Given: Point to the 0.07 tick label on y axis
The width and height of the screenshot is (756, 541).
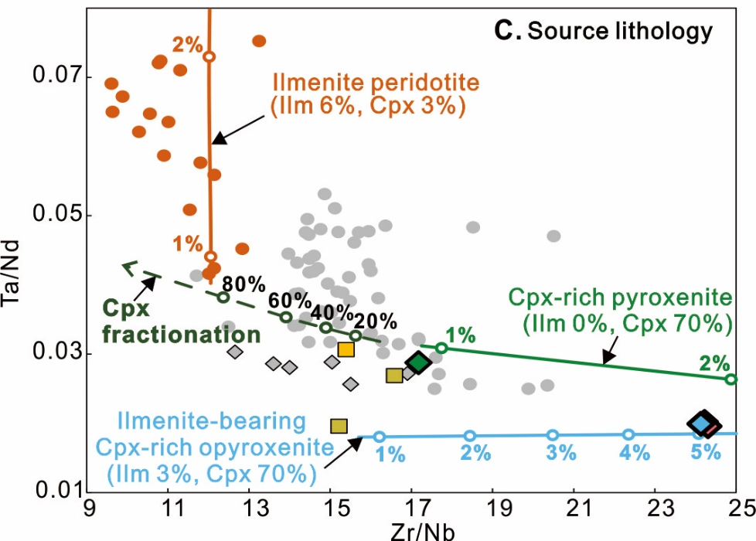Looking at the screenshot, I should [x=53, y=77].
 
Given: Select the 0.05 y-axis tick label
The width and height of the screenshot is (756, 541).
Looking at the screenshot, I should [x=53, y=215].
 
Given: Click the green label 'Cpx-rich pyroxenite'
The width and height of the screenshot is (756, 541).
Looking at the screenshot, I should [x=619, y=297].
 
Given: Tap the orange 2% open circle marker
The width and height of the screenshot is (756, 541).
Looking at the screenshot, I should [x=209, y=56].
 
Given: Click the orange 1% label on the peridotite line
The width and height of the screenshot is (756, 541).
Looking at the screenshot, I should [x=187, y=243].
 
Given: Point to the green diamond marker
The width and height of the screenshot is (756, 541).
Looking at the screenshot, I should [x=418, y=362].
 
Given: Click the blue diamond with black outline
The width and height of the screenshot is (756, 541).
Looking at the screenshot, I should [x=703, y=424].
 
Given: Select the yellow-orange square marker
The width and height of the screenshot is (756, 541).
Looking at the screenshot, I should [x=346, y=349].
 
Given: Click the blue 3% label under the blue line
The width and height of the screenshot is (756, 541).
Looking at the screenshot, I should [x=560, y=454].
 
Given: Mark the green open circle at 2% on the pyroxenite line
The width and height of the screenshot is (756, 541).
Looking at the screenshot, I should [x=731, y=379].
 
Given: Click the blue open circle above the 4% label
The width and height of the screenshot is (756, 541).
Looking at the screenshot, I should [x=628, y=434].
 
